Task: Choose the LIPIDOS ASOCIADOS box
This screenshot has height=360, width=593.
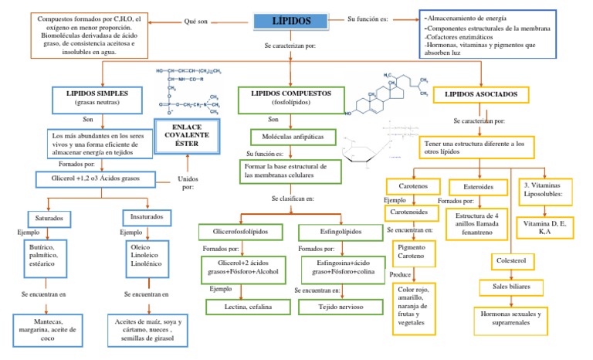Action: [x=480, y=95]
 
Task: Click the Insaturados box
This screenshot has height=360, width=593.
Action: [x=145, y=219]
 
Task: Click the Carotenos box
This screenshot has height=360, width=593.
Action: [x=413, y=186]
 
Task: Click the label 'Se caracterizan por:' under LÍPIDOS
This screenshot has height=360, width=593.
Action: [x=290, y=47]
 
